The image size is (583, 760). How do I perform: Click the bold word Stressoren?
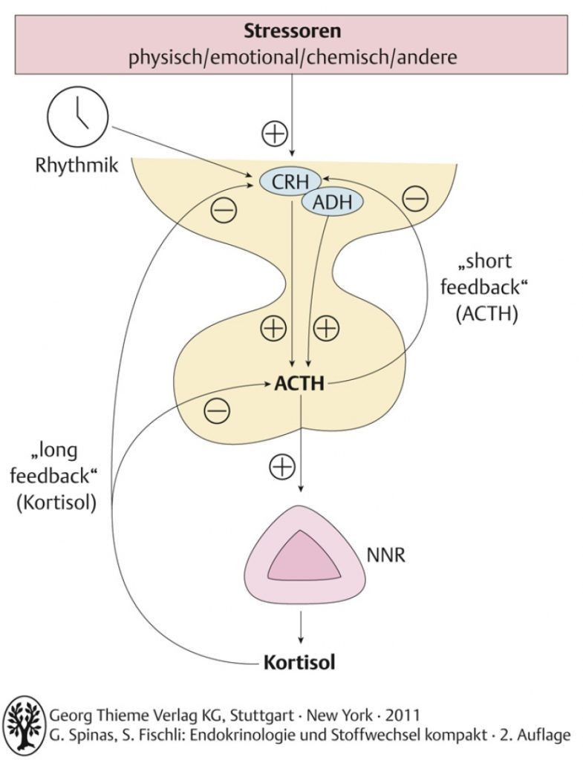pyautogui.click(x=292, y=31)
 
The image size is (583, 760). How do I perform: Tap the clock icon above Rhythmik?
pyautogui.click(x=77, y=117)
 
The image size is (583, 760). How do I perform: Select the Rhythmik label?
pyautogui.click(x=76, y=166)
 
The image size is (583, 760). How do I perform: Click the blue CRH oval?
pyautogui.click(x=290, y=182)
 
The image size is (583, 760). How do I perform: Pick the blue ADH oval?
pyautogui.click(x=332, y=202)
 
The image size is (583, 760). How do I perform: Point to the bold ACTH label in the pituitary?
pyautogui.click(x=299, y=384)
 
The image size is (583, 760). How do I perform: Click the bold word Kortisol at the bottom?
pyautogui.click(x=299, y=662)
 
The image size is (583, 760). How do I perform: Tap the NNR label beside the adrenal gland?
pyautogui.click(x=385, y=554)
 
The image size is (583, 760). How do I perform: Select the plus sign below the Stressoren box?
pyautogui.click(x=275, y=134)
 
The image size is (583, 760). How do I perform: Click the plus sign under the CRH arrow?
pyautogui.click(x=273, y=329)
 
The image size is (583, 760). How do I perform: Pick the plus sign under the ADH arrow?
pyautogui.click(x=326, y=329)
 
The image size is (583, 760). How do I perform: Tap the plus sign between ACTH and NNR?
pyautogui.click(x=281, y=467)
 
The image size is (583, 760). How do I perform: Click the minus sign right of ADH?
pyautogui.click(x=416, y=199)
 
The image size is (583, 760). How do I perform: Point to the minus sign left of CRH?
pyautogui.click(x=224, y=210)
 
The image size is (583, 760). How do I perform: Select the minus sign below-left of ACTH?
pyautogui.click(x=217, y=411)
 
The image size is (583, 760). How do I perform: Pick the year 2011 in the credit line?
pyautogui.click(x=403, y=715)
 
